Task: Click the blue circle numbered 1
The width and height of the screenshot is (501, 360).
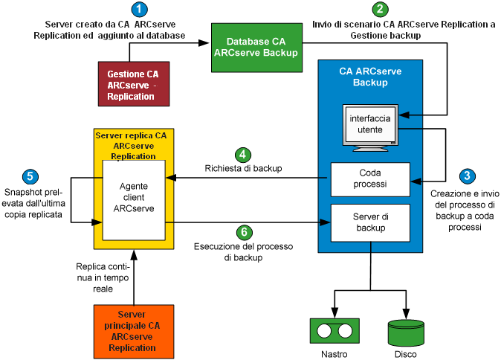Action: click(x=139, y=10)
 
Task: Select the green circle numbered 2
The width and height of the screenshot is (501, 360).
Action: click(x=381, y=10)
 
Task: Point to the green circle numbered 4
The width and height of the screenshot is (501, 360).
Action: click(x=242, y=155)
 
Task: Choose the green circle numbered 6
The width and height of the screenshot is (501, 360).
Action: click(x=242, y=231)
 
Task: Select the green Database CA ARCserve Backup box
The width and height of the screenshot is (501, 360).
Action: click(x=256, y=48)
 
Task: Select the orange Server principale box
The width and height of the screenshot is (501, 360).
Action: click(x=135, y=331)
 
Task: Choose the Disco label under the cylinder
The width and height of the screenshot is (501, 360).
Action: click(x=407, y=354)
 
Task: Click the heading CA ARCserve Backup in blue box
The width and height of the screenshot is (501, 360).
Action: click(x=369, y=77)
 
